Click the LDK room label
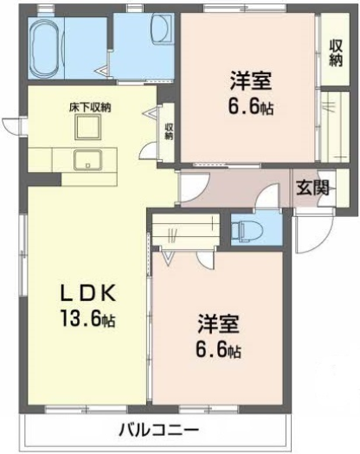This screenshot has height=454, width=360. click(x=87, y=292)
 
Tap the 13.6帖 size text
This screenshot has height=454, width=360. click(x=87, y=318)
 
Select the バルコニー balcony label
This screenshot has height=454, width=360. click(x=159, y=429)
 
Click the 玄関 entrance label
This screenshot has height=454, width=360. click(x=312, y=188)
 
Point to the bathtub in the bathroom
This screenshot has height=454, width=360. click(x=46, y=48)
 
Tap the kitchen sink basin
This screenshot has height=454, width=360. click(x=87, y=159)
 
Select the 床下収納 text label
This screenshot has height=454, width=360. click(x=90, y=108)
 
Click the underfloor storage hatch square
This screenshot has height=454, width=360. click(x=87, y=126)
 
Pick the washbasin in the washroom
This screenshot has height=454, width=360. click(x=162, y=29)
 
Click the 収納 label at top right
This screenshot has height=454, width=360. click(x=336, y=53)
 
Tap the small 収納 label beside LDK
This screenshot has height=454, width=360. click(x=169, y=131)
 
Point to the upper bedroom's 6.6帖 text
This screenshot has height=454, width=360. click(x=251, y=106)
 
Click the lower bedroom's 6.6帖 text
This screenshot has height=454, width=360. click(x=219, y=349)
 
